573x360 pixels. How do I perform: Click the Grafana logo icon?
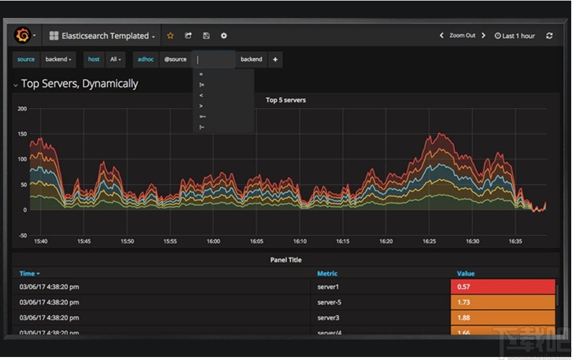(x=22, y=36)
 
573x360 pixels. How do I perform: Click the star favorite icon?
(x=170, y=36)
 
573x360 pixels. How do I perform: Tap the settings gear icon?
(x=224, y=36)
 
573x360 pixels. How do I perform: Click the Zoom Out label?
(x=462, y=36)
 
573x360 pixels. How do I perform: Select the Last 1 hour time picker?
(x=515, y=36)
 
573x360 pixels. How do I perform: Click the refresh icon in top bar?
(x=549, y=36)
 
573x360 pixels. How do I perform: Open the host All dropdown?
(x=115, y=59)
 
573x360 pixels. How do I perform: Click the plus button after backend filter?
(x=275, y=59)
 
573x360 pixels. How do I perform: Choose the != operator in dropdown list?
(x=202, y=85)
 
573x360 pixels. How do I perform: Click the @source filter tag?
(x=175, y=59)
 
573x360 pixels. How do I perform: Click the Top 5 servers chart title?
(x=286, y=100)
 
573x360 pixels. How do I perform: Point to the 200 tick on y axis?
(x=22, y=108)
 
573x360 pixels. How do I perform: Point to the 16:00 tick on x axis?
(x=213, y=241)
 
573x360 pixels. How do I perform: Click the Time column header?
(x=29, y=274)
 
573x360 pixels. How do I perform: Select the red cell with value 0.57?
(x=502, y=287)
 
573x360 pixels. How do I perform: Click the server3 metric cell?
(x=328, y=318)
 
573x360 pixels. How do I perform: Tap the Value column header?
(x=466, y=274)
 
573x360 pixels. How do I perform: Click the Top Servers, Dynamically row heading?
(x=80, y=84)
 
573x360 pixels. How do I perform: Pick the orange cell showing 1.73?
(x=502, y=302)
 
